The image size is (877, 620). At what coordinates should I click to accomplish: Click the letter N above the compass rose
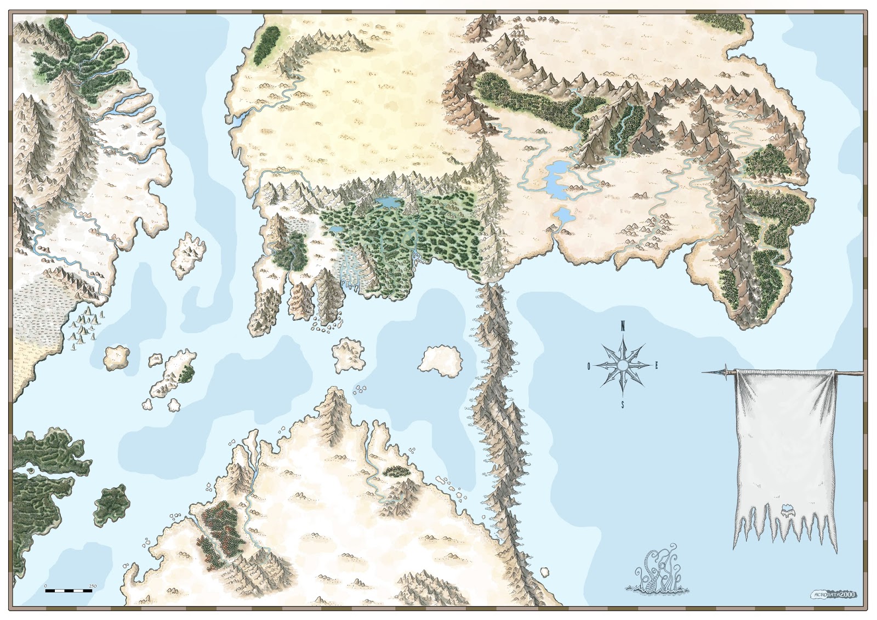623,327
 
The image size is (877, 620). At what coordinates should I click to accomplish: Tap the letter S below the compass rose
623,405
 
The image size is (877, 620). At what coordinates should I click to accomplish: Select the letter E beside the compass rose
657,366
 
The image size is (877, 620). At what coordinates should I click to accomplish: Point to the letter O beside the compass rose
589,366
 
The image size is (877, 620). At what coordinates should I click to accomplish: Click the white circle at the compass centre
623,365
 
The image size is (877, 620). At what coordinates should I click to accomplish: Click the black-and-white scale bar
68,591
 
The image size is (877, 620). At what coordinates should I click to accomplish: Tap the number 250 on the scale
93,586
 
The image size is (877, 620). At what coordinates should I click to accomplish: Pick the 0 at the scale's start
45,586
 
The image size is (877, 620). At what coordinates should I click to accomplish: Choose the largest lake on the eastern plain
555,179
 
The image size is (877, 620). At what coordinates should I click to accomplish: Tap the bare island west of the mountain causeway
440,360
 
